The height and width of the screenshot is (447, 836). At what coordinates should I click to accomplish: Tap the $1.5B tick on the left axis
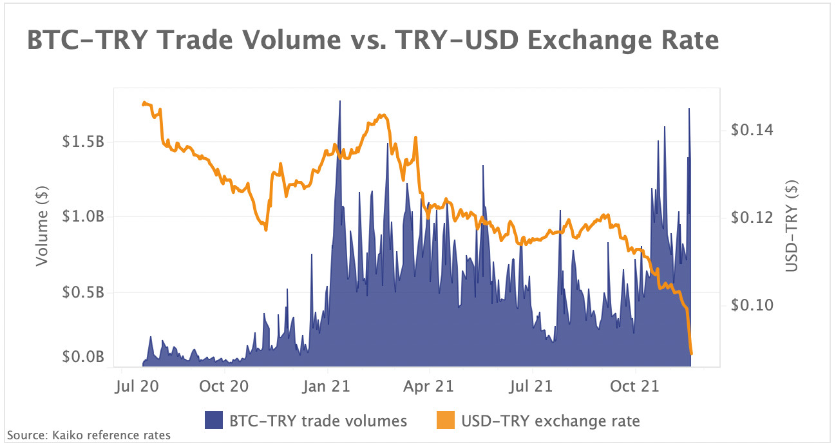(x=83, y=142)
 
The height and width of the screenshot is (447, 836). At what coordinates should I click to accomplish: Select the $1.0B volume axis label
(x=83, y=217)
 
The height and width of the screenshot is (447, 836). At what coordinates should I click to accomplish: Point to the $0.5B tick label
(x=83, y=292)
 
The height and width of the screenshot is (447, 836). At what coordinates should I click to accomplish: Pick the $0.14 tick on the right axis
(x=751, y=130)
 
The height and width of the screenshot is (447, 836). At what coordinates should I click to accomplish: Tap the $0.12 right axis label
(x=751, y=217)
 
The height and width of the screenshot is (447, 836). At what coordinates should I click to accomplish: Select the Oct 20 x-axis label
(x=224, y=386)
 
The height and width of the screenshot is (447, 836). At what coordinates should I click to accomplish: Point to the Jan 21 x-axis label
(x=327, y=386)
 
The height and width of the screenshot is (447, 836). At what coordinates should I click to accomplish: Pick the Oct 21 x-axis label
(x=636, y=386)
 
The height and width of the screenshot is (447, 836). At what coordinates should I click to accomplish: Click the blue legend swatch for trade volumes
(x=214, y=421)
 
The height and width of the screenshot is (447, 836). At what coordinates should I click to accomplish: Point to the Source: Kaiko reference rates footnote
(x=89, y=435)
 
